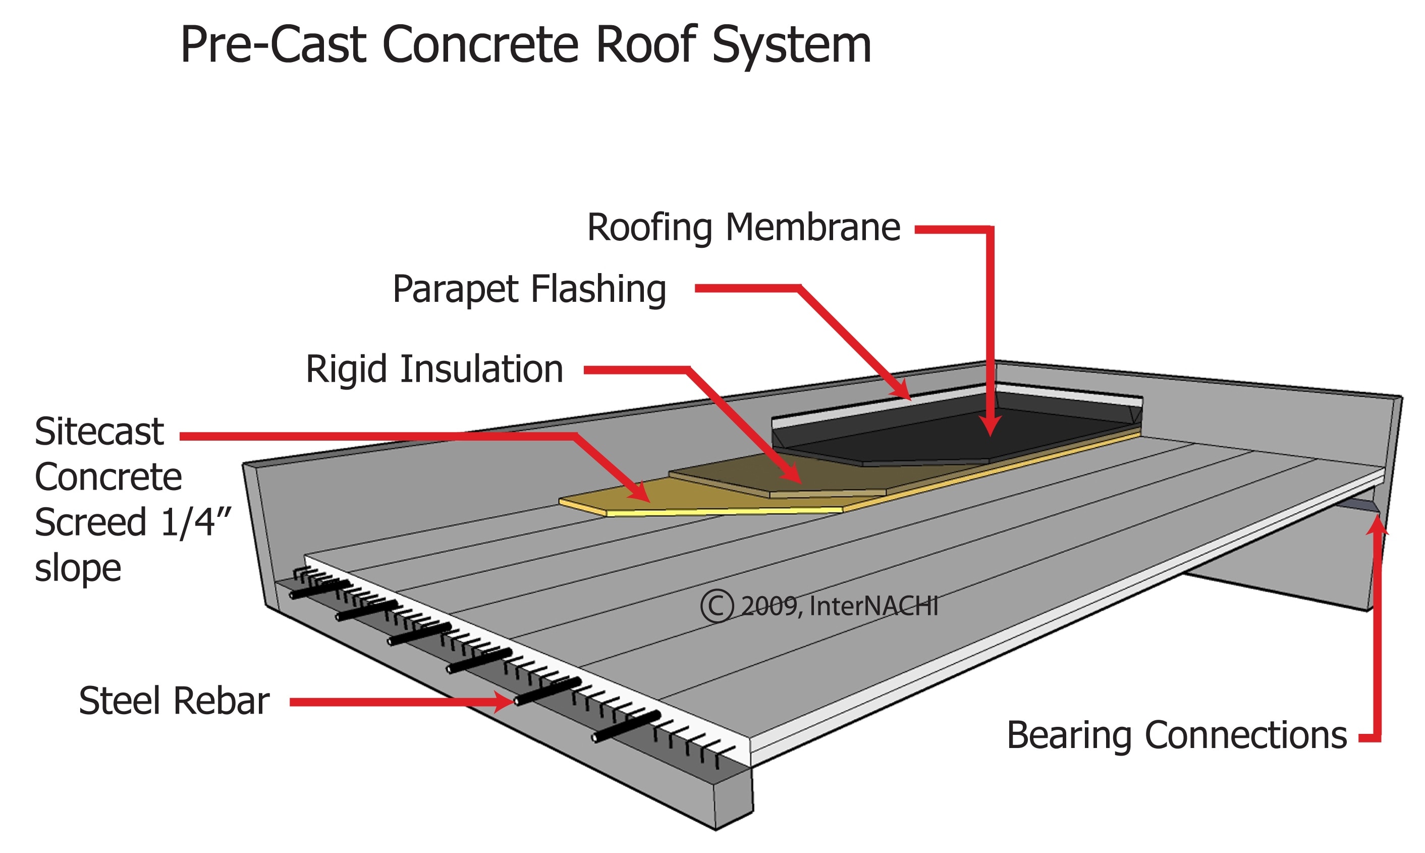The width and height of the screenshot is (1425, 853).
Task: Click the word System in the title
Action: (x=791, y=46)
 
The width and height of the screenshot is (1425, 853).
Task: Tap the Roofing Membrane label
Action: (x=743, y=228)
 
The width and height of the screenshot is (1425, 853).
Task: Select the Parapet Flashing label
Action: (x=529, y=289)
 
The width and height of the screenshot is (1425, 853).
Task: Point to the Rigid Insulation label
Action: (x=434, y=369)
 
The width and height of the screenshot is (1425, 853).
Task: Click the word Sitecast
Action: (x=99, y=432)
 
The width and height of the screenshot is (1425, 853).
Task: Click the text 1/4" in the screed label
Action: (x=195, y=522)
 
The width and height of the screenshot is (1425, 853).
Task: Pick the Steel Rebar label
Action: (x=174, y=701)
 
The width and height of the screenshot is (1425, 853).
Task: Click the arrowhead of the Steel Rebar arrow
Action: (x=504, y=701)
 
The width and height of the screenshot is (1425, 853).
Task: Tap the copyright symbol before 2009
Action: (x=717, y=606)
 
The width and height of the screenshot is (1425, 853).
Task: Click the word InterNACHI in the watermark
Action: (x=873, y=606)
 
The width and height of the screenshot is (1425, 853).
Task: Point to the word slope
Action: (x=78, y=568)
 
